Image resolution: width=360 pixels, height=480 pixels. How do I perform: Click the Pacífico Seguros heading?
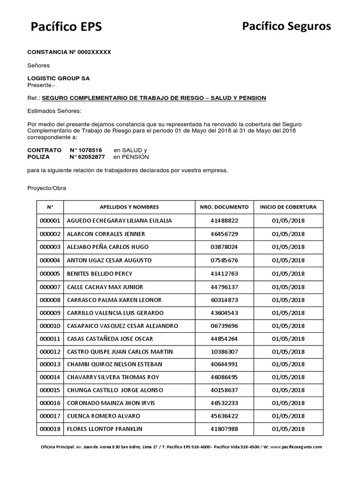[286, 27]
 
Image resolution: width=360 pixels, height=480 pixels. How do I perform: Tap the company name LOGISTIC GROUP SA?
[59, 78]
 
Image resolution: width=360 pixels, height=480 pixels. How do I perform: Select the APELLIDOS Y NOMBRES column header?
[129, 207]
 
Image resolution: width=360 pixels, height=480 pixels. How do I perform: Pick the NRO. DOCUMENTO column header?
[224, 207]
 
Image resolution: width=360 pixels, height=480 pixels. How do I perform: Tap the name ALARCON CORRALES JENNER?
[106, 233]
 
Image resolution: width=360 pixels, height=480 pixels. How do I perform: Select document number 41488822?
[224, 220]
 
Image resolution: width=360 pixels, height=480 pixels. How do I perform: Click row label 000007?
[50, 287]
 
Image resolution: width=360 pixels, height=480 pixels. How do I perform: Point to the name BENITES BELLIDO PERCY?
[100, 274]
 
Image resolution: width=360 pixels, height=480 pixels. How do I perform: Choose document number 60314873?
[224, 300]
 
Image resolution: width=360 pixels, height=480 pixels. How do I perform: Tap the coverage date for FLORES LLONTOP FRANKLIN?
[288, 429]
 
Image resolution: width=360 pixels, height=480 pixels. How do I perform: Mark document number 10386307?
[224, 352]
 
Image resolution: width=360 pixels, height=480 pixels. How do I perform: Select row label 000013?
[50, 365]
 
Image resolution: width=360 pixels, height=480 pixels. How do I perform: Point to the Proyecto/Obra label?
[46, 188]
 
